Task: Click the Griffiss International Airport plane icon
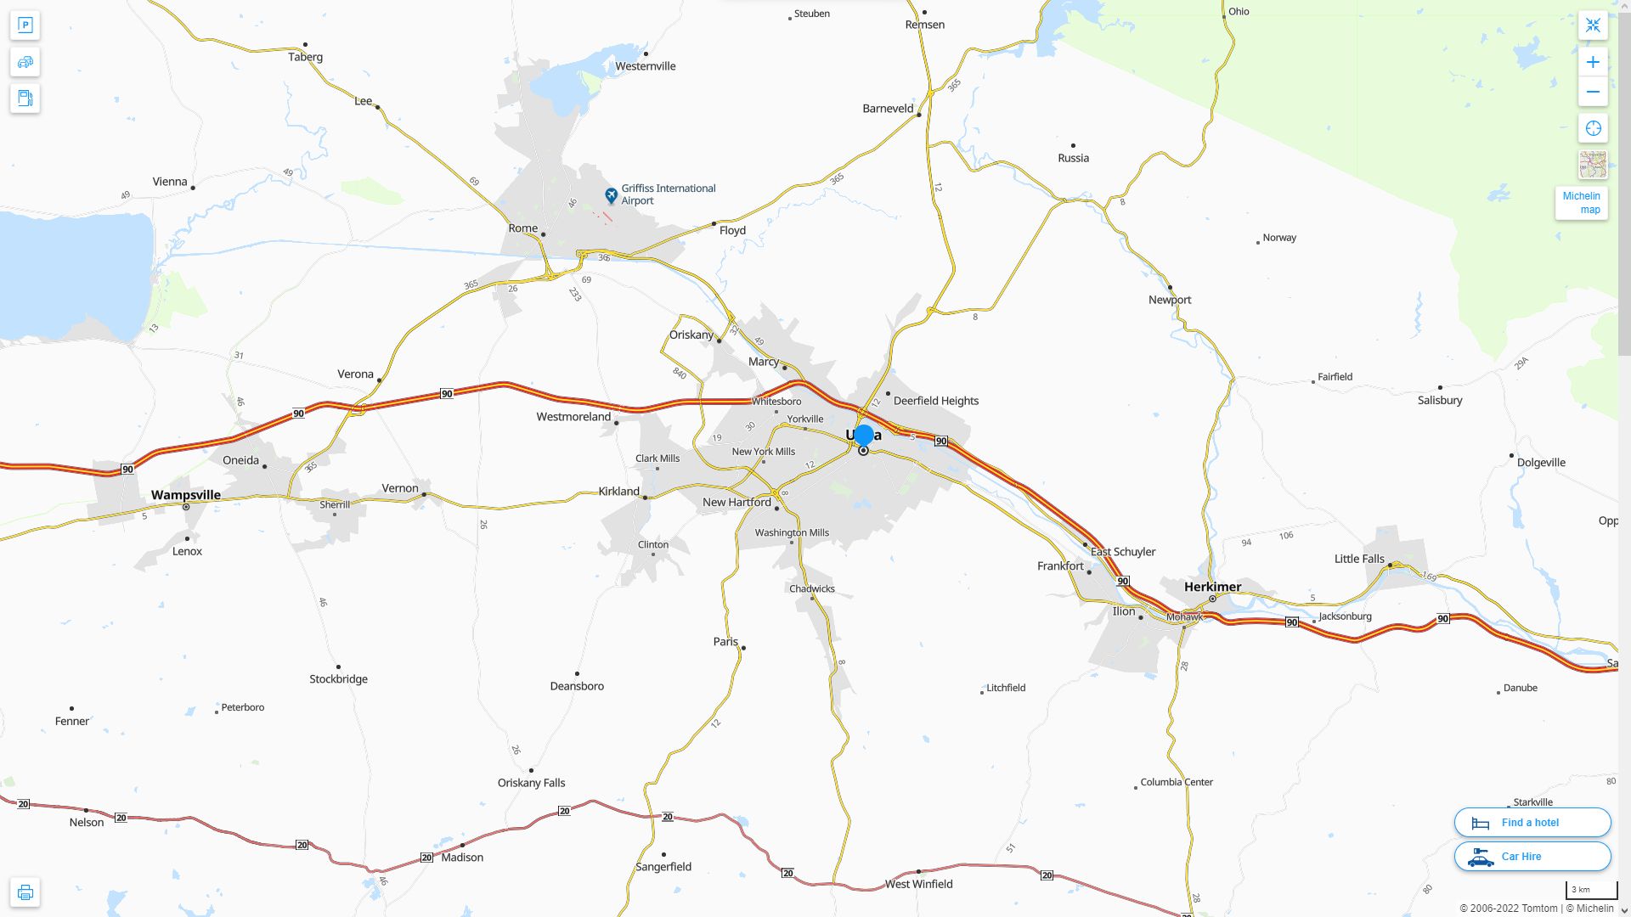pyautogui.click(x=611, y=195)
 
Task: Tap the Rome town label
pyautogui.click(x=522, y=228)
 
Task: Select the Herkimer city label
pyautogui.click(x=1212, y=587)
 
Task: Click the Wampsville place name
pyautogui.click(x=185, y=495)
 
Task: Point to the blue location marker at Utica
pyautogui.click(x=864, y=435)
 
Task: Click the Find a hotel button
pyautogui.click(x=1532, y=823)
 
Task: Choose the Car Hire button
pyautogui.click(x=1532, y=857)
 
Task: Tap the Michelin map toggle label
pyautogui.click(x=1581, y=203)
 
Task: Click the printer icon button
pyautogui.click(x=25, y=892)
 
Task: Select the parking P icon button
pyautogui.click(x=25, y=25)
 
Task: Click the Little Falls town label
pyautogui.click(x=1359, y=559)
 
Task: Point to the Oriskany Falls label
pyautogui.click(x=531, y=783)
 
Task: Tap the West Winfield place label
pyautogui.click(x=918, y=884)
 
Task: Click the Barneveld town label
pyautogui.click(x=888, y=109)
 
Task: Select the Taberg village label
pyautogui.click(x=305, y=57)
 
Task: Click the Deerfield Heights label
pyautogui.click(x=935, y=401)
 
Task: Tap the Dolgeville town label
pyautogui.click(x=1540, y=463)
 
